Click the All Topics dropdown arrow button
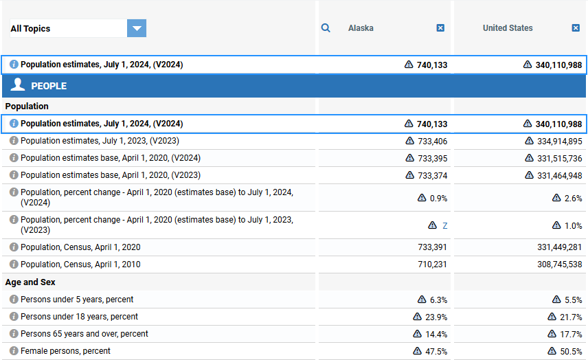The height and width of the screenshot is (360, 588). tap(137, 28)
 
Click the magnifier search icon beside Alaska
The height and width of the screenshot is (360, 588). tap(326, 28)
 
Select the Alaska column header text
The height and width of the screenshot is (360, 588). tap(361, 28)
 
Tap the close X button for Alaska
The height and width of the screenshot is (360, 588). tap(440, 28)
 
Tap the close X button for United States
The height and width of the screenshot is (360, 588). tap(576, 28)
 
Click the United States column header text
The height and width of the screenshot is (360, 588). tap(508, 28)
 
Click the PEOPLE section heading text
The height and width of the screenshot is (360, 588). tap(49, 86)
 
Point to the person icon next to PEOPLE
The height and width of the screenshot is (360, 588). tap(19, 85)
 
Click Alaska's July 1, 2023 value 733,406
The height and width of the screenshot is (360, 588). tap(432, 141)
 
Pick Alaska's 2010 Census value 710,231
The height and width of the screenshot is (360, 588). tap(432, 265)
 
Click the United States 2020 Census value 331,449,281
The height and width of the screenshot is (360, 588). tap(559, 247)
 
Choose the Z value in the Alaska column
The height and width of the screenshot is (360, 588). tap(444, 225)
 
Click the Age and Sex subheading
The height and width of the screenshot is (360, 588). tap(30, 282)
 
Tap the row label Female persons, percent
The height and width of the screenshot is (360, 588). tap(65, 351)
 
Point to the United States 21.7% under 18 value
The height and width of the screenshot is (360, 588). tap(571, 317)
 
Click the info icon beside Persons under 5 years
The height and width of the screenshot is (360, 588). tap(14, 300)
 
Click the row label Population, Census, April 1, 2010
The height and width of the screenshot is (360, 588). tap(80, 265)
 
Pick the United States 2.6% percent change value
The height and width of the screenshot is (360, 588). tap(574, 198)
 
